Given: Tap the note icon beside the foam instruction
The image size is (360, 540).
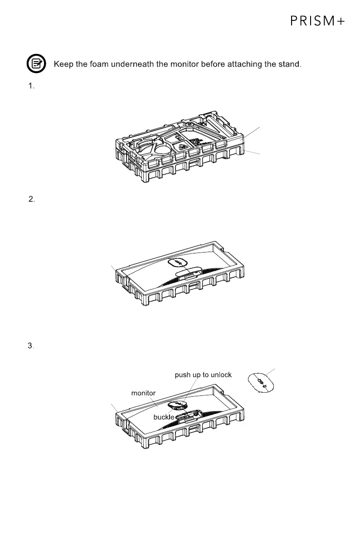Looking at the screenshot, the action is click(x=36, y=64).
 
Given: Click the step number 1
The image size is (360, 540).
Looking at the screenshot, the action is click(x=31, y=87).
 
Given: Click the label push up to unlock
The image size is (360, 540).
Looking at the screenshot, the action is click(x=203, y=375).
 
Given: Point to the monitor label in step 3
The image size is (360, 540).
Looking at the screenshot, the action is click(x=143, y=393).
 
